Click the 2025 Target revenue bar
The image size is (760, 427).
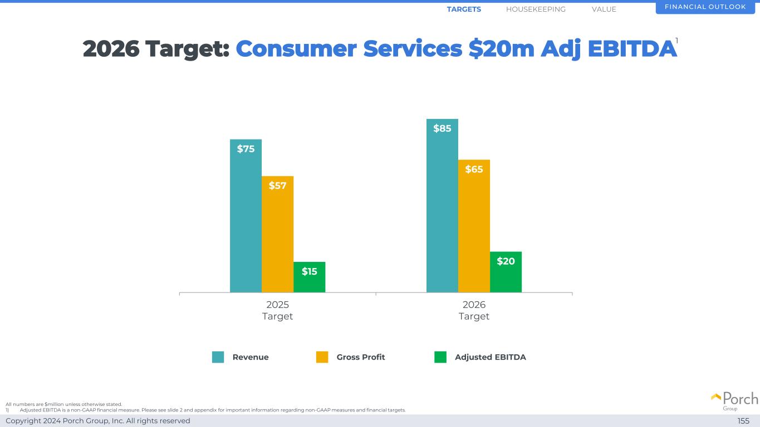[246, 222]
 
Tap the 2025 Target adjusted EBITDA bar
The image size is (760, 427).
[309, 281]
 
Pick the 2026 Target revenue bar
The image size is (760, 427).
[442, 211]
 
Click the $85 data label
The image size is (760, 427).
[442, 128]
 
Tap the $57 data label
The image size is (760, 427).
[277, 186]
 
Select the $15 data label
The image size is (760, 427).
[309, 271]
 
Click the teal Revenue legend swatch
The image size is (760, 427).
[218, 357]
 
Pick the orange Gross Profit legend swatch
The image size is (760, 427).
[322, 357]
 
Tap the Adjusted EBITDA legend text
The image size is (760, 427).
[490, 357]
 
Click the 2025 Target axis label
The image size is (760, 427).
[277, 310]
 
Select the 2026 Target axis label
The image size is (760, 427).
[474, 310]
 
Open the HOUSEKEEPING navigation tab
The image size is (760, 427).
[536, 9]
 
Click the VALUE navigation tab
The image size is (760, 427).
[604, 9]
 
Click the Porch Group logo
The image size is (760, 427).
[734, 400]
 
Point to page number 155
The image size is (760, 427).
[743, 421]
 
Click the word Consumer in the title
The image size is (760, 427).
[296, 49]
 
